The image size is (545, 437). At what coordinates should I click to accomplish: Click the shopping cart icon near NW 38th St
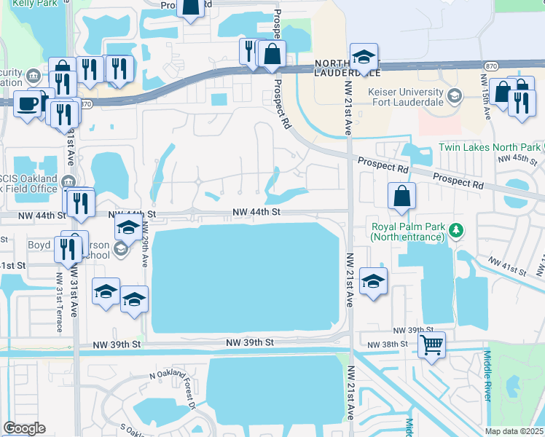[432, 345]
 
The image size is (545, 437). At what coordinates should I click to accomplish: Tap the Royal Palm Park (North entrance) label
[407, 232]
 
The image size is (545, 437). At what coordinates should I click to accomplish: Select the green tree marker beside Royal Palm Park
[456, 231]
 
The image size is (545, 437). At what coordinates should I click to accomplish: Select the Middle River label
[487, 376]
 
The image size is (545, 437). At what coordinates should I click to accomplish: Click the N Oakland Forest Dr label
[173, 384]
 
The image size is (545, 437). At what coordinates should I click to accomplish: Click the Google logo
[24, 428]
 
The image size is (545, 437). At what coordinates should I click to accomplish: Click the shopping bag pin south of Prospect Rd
[401, 196]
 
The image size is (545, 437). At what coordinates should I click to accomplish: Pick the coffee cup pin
[28, 103]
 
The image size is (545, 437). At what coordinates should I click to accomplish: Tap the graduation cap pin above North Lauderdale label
[364, 57]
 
